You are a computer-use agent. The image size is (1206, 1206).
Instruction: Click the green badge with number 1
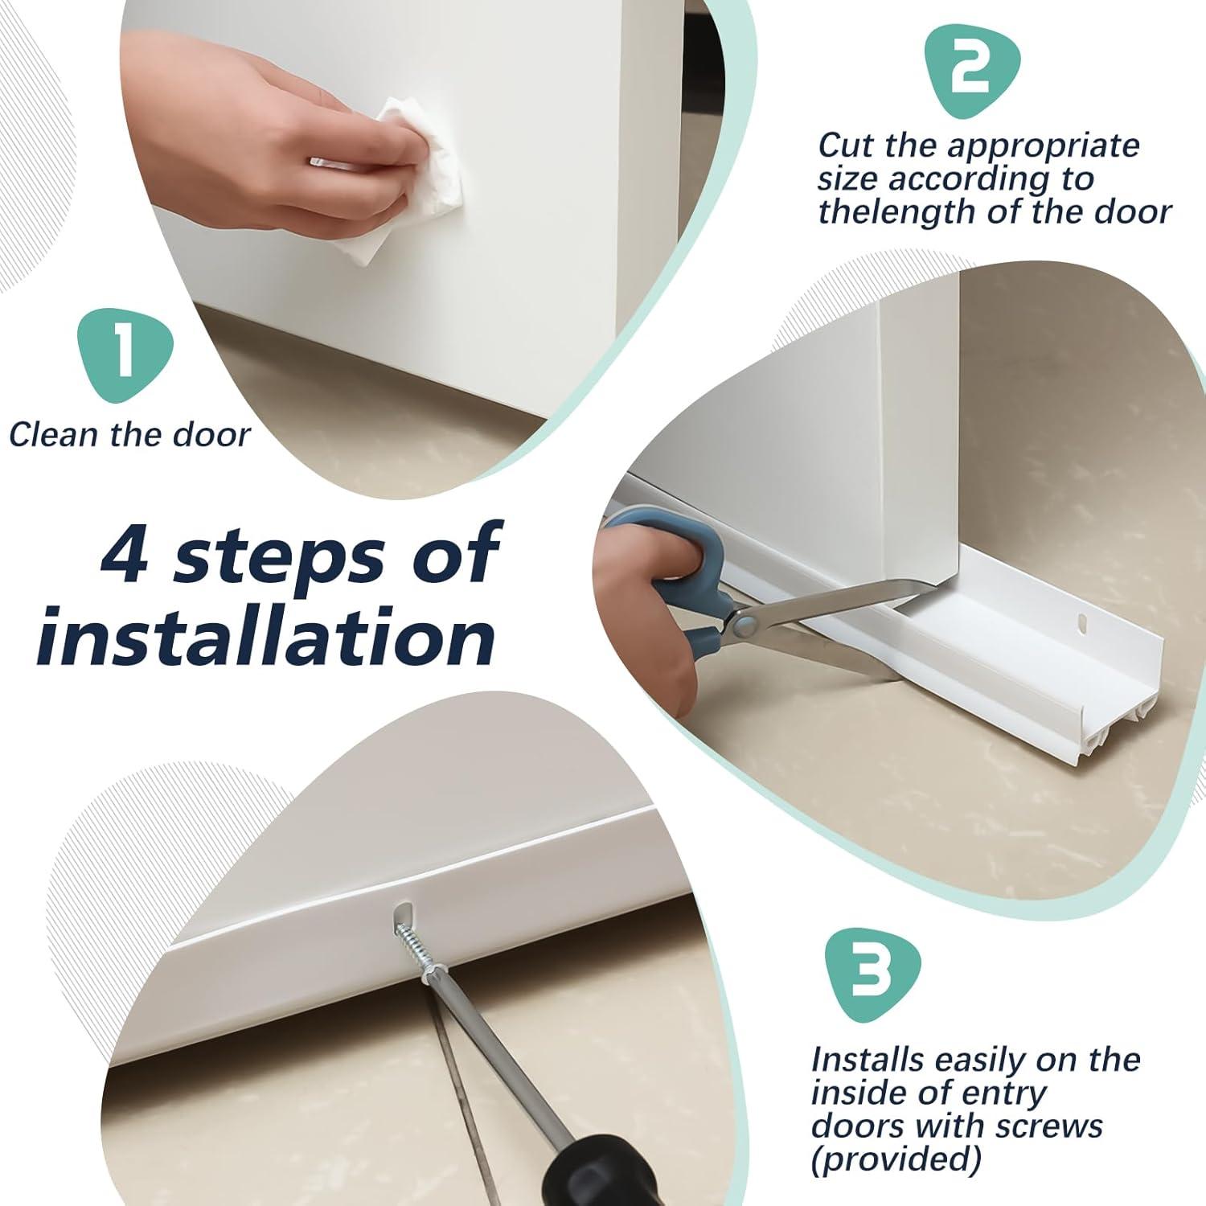[x=125, y=354]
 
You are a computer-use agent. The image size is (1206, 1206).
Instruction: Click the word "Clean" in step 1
[x=55, y=434]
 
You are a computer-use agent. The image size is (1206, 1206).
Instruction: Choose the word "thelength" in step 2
[x=894, y=211]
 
